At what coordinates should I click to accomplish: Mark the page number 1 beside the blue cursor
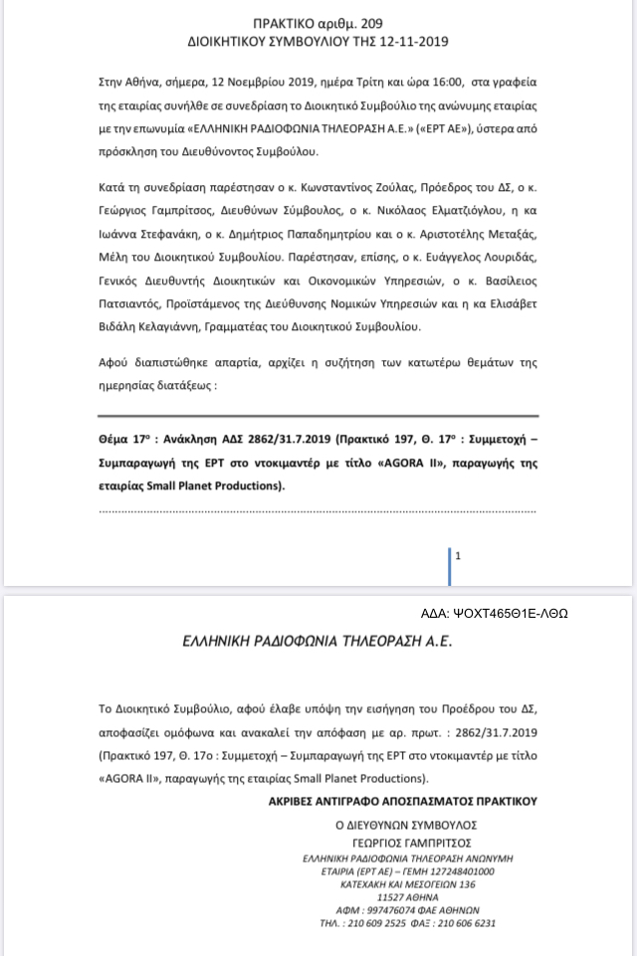coord(458,557)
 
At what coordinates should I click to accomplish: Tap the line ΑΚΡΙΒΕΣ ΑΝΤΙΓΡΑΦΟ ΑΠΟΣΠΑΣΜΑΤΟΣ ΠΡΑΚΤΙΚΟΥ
coord(402,799)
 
